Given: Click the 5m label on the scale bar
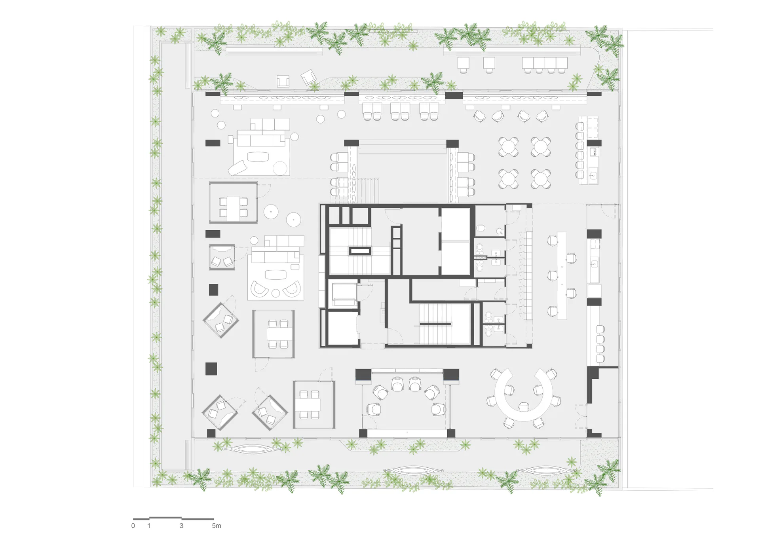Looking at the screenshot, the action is click(x=217, y=526).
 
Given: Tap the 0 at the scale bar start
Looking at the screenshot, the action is click(x=133, y=526).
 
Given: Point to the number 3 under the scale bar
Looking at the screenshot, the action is click(x=181, y=526).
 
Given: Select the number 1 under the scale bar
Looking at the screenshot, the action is click(x=149, y=526).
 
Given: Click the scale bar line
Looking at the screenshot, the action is click(x=173, y=518).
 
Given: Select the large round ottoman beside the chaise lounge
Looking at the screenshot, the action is click(x=280, y=168).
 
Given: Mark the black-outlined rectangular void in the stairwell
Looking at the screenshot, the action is click(x=360, y=250).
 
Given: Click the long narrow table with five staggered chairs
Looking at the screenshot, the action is click(x=562, y=275).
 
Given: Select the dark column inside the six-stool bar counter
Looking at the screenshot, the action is click(x=594, y=143).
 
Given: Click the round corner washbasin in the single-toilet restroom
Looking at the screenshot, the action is click(x=501, y=231).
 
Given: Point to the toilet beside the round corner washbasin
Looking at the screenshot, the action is click(x=481, y=229).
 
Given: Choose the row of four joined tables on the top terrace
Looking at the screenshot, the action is click(x=545, y=63).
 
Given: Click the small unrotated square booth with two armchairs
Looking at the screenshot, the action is click(x=222, y=257).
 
